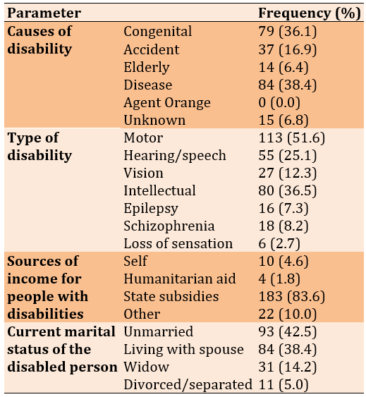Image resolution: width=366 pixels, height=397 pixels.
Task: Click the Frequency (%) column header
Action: [x=310, y=13]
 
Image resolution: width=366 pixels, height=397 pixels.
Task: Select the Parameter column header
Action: [x=44, y=13]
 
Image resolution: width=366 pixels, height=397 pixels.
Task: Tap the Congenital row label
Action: [x=157, y=32]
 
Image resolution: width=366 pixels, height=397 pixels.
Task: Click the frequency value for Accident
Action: [x=288, y=49]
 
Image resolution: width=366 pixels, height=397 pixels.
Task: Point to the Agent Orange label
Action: [x=167, y=103]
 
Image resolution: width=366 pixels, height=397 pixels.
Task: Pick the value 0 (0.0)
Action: [x=279, y=102]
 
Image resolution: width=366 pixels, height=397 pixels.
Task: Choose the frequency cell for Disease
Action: [x=288, y=85]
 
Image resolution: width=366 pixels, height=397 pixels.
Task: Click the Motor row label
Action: [x=143, y=138]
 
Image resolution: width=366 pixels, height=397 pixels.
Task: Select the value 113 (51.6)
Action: [x=291, y=138]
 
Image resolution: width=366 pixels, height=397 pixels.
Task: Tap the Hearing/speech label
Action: [x=174, y=155]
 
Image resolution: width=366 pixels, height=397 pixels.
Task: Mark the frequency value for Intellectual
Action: [x=288, y=190]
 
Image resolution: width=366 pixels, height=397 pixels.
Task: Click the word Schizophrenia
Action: [x=169, y=226]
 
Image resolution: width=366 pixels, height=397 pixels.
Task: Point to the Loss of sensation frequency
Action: [x=279, y=243]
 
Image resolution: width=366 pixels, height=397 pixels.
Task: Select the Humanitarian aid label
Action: [x=180, y=279]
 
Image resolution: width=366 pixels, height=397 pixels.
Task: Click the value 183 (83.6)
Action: [x=291, y=296]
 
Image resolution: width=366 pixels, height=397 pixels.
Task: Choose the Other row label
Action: [x=142, y=314]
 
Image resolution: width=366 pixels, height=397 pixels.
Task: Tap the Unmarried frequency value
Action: [x=288, y=332]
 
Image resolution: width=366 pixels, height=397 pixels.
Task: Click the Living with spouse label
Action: [x=183, y=350]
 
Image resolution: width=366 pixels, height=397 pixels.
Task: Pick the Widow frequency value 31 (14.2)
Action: [x=288, y=367]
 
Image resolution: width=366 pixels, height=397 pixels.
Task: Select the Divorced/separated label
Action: [x=188, y=385]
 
